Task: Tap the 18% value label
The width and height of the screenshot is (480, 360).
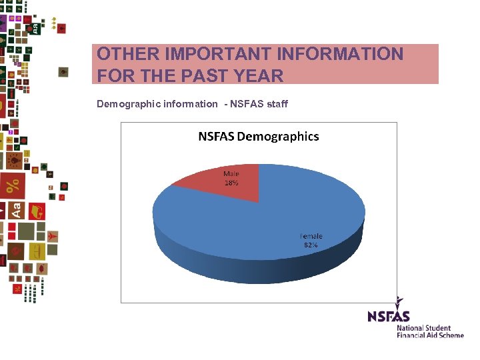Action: (231, 182)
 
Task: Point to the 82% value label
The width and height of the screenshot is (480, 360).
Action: (311, 245)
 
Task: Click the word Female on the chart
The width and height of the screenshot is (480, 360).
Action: (311, 236)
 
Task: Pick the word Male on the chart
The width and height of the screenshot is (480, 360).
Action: (231, 173)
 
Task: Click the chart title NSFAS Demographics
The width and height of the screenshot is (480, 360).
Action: (259, 137)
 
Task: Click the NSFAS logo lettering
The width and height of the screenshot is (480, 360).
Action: (389, 316)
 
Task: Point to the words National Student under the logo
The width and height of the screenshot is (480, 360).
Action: (423, 328)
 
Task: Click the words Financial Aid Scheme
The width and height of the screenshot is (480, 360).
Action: (430, 335)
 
